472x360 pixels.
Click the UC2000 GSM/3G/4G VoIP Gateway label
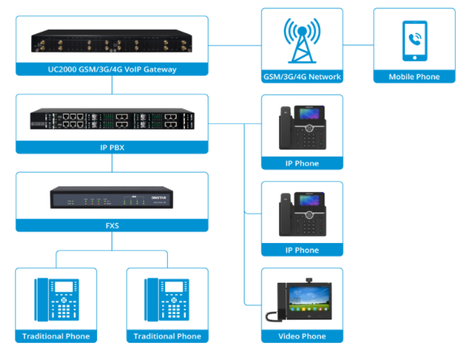112,69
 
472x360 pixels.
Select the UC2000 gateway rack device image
112,42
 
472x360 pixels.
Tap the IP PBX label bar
112,147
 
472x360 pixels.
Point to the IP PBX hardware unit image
112,120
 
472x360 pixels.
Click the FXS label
112,225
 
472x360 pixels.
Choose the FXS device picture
112,198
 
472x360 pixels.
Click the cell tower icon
302,39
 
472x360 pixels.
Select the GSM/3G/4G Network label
302,77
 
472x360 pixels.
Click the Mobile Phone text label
414,77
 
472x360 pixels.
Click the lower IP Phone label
302,250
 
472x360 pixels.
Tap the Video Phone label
302,337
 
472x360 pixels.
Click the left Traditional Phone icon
56,298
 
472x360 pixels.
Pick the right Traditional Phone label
167,337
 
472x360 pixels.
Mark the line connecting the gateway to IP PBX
112,85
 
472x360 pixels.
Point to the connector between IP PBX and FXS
112,163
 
